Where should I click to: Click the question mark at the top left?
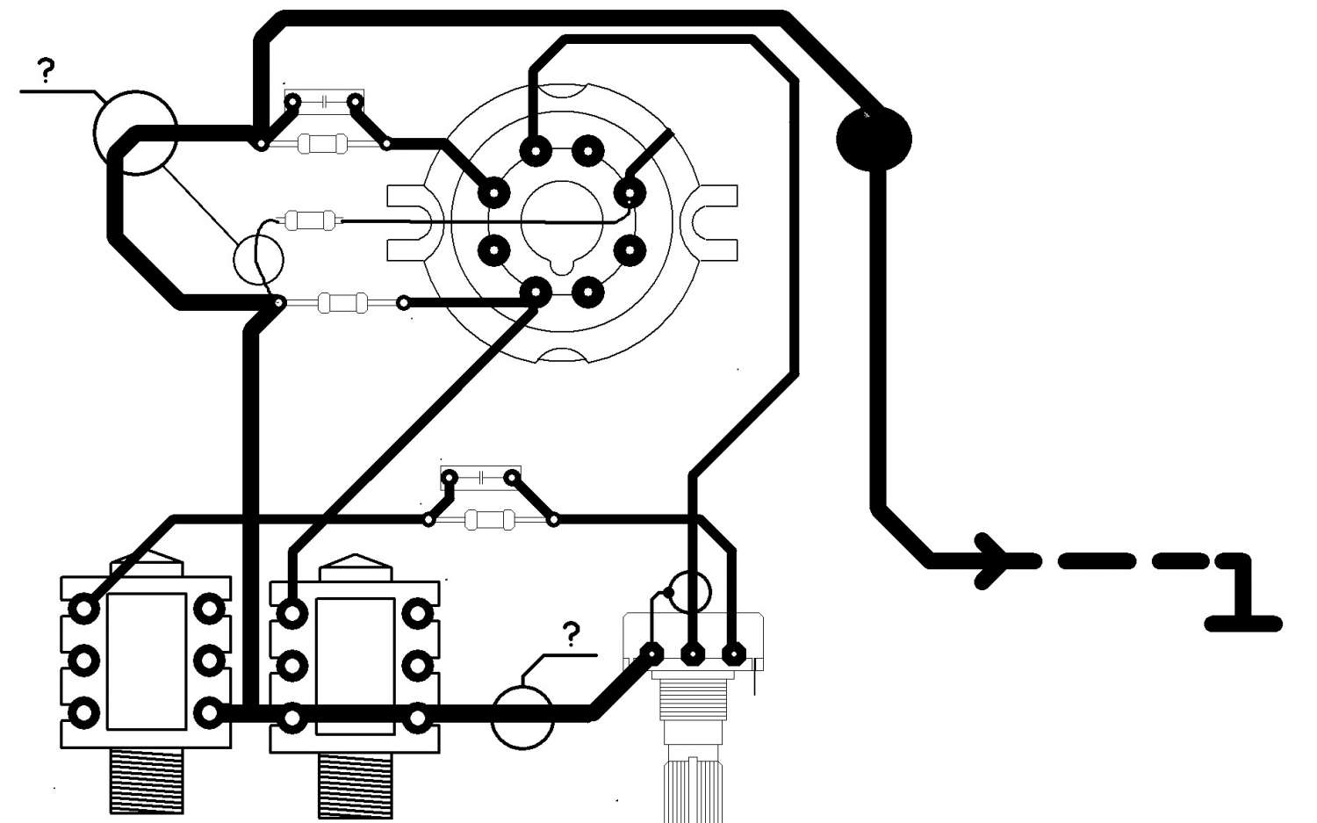[x=45, y=70]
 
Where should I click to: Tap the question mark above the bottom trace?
[x=572, y=633]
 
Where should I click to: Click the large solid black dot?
[x=874, y=139]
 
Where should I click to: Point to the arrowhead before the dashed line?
[x=993, y=560]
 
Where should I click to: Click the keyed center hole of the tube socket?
[x=562, y=220]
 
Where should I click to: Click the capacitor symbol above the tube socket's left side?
[x=324, y=102]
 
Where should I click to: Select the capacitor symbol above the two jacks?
[x=481, y=478]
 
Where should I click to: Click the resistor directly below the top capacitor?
[x=323, y=142]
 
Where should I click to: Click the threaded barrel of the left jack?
[x=147, y=781]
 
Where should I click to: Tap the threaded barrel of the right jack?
[x=355, y=784]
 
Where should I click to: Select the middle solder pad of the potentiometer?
[x=693, y=653]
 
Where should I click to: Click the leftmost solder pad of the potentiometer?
[x=651, y=653]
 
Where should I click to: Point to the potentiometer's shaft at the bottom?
[x=694, y=786]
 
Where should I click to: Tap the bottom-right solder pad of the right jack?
[x=418, y=719]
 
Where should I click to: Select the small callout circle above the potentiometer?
[x=690, y=591]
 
